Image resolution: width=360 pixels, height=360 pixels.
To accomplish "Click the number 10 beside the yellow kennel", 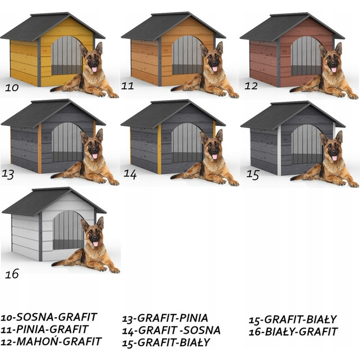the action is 11,87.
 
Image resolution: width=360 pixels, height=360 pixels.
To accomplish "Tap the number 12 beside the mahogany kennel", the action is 251,86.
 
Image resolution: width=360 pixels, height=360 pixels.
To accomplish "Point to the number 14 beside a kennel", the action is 130,174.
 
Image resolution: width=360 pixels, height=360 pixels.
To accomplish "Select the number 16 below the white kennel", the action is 12,274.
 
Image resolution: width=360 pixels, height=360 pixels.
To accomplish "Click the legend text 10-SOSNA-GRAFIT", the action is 49,317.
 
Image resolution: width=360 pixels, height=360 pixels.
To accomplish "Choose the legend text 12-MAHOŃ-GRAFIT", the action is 51,341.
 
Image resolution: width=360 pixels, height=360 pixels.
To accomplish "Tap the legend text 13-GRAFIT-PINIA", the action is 165,318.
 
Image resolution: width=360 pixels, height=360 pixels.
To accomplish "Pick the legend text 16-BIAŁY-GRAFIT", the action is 293,332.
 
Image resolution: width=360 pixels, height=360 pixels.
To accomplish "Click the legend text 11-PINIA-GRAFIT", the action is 44,329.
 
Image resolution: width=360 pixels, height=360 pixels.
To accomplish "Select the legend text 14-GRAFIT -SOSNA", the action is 171,330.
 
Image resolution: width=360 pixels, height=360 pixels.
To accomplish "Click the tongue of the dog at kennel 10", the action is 94,69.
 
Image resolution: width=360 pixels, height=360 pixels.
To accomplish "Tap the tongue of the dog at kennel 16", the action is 95,244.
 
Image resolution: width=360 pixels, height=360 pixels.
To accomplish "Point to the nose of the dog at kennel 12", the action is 334,62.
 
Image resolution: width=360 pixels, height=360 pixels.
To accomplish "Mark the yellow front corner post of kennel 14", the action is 159,149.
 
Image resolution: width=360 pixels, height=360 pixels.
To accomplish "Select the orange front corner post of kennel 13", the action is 40,149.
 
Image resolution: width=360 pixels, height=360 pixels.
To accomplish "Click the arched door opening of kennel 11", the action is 187,55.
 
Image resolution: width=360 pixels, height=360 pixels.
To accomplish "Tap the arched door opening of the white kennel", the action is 68,230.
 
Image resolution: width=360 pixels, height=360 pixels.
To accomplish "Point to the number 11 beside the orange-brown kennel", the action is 128,86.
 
